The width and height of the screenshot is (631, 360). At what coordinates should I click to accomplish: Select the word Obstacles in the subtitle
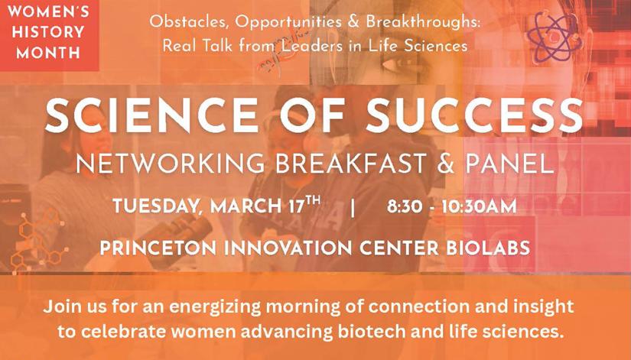point(182,22)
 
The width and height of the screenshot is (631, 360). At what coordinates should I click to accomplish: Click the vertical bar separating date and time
point(353,208)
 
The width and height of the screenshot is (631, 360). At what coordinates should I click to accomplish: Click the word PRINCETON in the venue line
point(161,249)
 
